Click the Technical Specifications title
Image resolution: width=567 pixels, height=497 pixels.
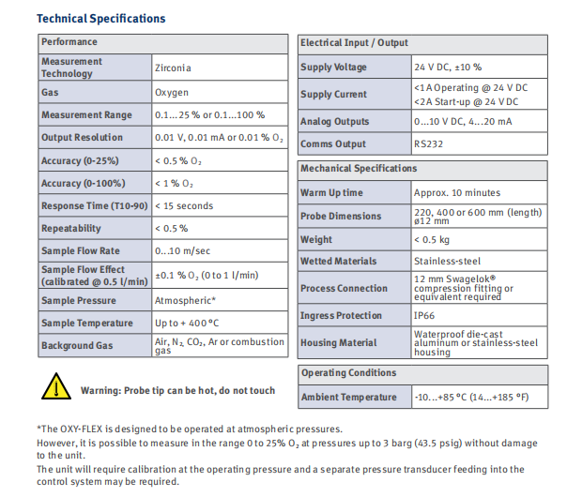click(x=100, y=19)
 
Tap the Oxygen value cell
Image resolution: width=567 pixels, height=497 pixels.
click(x=172, y=93)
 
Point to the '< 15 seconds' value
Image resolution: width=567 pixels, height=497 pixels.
click(x=184, y=206)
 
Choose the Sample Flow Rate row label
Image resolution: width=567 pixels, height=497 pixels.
click(x=81, y=251)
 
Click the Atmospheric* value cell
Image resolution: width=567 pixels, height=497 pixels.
click(x=186, y=301)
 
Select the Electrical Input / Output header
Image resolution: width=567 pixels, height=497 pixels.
click(x=354, y=43)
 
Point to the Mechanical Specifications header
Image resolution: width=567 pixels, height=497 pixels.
click(x=359, y=169)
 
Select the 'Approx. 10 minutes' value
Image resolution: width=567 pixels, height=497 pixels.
click(x=457, y=193)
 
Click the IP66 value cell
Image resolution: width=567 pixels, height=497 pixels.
click(x=424, y=316)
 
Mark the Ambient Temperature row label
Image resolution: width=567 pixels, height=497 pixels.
click(x=348, y=398)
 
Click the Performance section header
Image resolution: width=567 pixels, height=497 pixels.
click(x=69, y=42)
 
